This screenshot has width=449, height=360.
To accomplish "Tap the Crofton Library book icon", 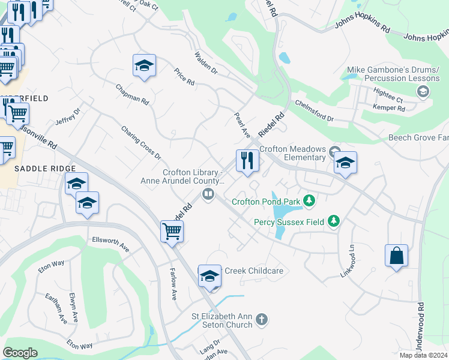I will [208, 194].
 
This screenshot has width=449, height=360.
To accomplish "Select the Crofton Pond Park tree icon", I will [309, 200].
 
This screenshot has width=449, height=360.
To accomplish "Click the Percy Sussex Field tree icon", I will [333, 222].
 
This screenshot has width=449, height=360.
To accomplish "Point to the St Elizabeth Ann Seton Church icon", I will [261, 320].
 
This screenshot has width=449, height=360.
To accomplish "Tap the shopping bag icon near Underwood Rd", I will [396, 256].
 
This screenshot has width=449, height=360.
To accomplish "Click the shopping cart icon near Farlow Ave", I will [172, 231].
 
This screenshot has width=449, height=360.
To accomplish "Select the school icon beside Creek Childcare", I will [209, 275].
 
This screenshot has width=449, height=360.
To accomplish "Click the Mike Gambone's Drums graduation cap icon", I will [423, 91].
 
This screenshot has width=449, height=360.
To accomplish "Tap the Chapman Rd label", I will [133, 95].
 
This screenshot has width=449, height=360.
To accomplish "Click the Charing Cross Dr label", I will [141, 142].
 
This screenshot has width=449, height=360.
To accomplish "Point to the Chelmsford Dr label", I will [314, 110].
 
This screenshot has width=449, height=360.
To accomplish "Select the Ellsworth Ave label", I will [110, 243].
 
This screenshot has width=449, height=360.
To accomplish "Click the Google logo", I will [20, 353].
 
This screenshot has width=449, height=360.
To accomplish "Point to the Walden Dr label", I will [205, 62].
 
